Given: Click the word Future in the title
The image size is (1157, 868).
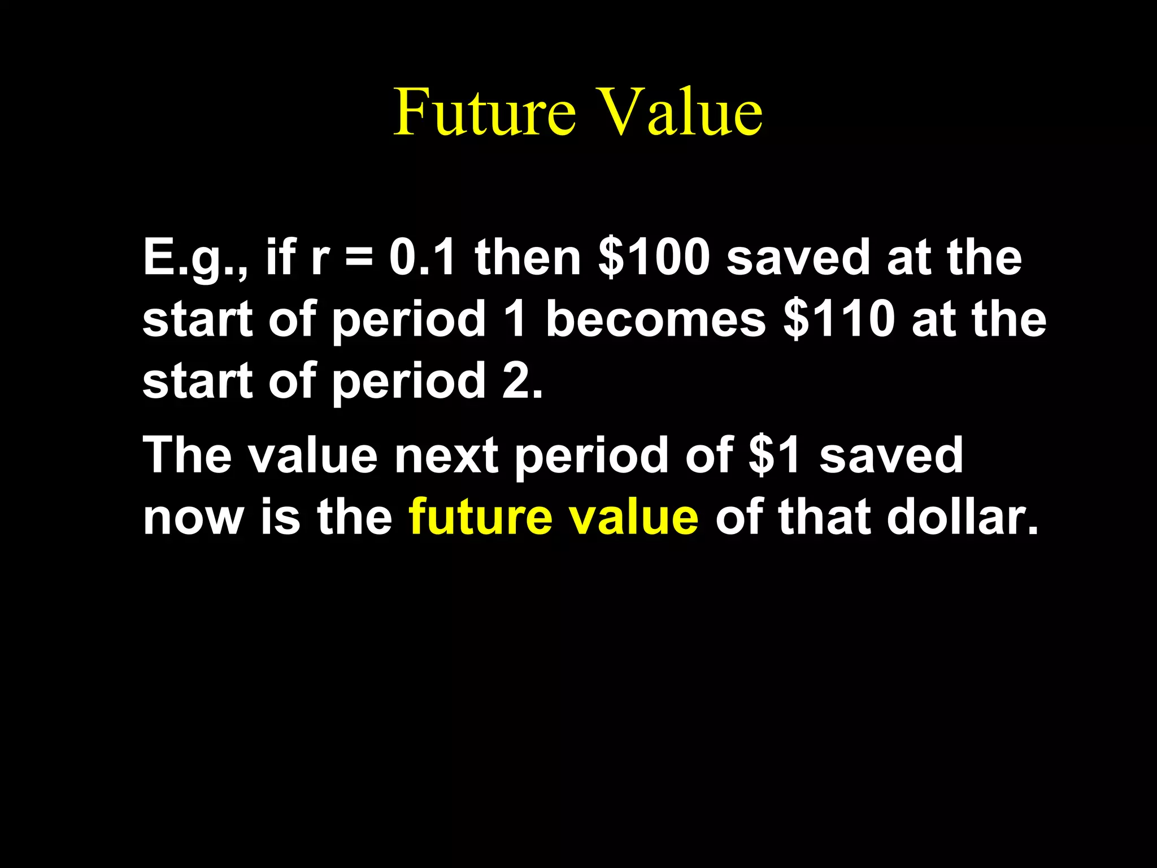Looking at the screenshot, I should (485, 112).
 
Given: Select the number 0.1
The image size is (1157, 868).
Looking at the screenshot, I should (422, 258).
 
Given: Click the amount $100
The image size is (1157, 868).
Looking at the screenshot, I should (654, 258).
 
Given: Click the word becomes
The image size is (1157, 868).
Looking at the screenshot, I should (656, 319).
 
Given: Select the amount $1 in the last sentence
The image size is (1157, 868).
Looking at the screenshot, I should (775, 455).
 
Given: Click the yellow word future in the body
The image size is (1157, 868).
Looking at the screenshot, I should (480, 517).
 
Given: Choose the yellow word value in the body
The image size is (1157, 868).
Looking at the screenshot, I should (634, 517).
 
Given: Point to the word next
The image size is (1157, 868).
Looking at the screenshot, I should (446, 455).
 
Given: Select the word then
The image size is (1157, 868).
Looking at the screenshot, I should (528, 258).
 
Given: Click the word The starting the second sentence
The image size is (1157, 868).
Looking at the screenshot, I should (188, 455).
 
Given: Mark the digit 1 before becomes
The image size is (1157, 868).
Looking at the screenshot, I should (515, 319).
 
